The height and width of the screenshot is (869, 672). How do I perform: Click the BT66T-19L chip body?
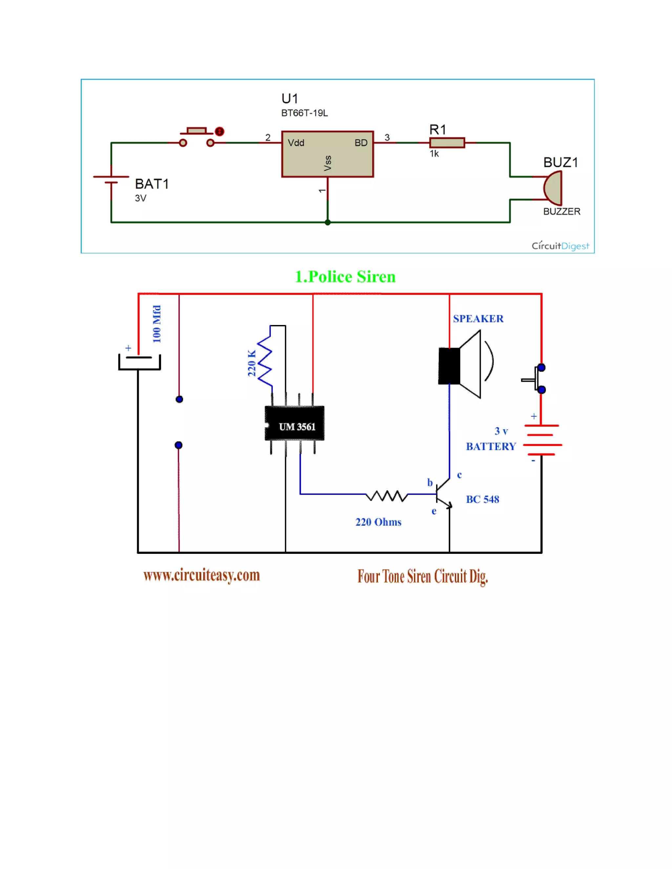pyautogui.click(x=327, y=154)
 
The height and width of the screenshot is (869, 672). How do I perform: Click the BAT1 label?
pyautogui.click(x=152, y=184)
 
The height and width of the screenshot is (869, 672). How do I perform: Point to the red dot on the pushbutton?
pyautogui.click(x=220, y=131)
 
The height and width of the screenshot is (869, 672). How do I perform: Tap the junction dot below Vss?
pyautogui.click(x=328, y=222)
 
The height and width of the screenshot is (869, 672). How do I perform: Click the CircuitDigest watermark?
pyautogui.click(x=560, y=246)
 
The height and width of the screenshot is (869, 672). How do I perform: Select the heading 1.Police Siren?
pyautogui.click(x=345, y=276)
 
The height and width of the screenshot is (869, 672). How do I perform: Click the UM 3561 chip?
pyautogui.click(x=295, y=423)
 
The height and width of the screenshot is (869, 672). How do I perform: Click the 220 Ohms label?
pyautogui.click(x=378, y=522)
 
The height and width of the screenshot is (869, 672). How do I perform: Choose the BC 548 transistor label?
pyautogui.click(x=482, y=499)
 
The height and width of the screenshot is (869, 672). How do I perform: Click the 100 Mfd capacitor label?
pyautogui.click(x=157, y=324)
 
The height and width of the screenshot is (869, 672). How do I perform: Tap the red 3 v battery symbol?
pyautogui.click(x=542, y=440)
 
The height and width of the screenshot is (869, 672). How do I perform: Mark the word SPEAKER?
pyautogui.click(x=478, y=319)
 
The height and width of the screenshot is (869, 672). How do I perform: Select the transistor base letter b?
pyautogui.click(x=430, y=483)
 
